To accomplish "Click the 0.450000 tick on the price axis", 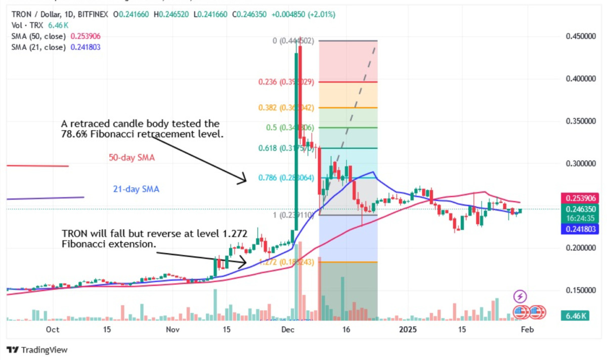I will coord(580,36).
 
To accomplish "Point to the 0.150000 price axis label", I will coord(580,290).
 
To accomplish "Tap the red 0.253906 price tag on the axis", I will coord(580,198).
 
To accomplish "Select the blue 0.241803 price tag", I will coord(580,229).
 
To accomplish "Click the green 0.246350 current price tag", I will coord(580,209).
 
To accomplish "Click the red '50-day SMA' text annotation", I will coord(132,158).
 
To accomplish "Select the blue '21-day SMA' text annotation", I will coord(136,190).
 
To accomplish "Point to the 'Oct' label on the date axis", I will coord(52,330).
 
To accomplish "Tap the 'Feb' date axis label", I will coord(527,330).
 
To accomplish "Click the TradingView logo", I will coord(37,350).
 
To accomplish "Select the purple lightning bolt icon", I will coord(521,296).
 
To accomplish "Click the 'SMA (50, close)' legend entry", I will coord(39,36).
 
